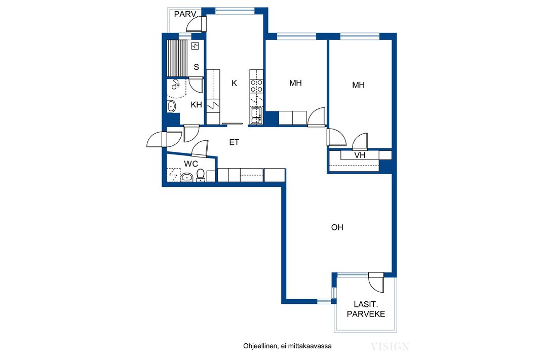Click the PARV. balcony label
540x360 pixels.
[x=185, y=15]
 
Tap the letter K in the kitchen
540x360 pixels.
[x=234, y=83]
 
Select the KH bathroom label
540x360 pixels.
[x=197, y=105]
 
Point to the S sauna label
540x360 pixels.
[x=197, y=67]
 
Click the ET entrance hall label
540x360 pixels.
[x=234, y=142]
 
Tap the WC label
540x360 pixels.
[x=191, y=164]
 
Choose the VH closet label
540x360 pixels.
[x=360, y=155]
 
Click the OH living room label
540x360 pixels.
[x=337, y=227]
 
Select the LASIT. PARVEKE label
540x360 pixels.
[x=366, y=309]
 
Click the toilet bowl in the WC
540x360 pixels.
[x=201, y=176]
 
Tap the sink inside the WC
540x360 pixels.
[x=187, y=177]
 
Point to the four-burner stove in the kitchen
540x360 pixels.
[x=256, y=86]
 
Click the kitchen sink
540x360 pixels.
[x=256, y=115]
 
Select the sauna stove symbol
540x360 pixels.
[x=195, y=46]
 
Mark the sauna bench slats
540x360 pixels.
[x=177, y=58]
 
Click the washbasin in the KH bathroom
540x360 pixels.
[x=171, y=106]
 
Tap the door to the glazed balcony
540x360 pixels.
[x=376, y=283]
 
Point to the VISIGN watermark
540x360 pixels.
[x=390, y=346]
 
